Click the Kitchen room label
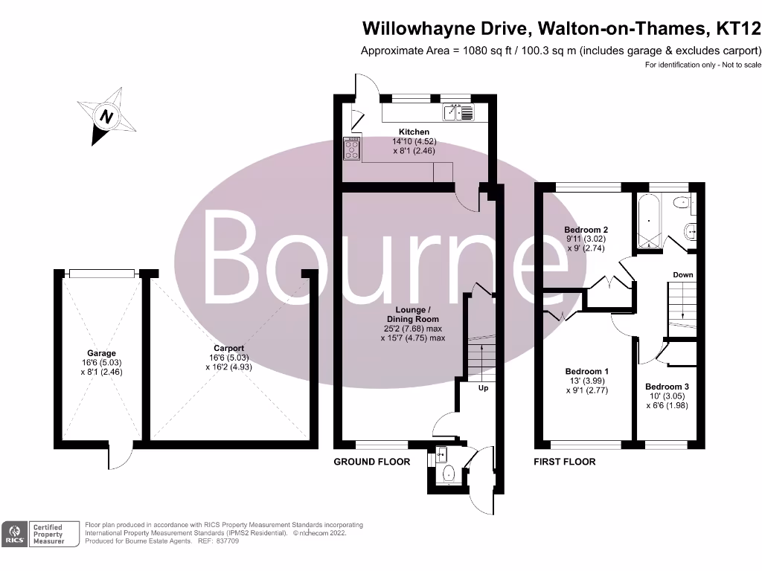[414, 132]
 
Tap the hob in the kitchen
[352, 149]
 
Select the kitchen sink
[458, 113]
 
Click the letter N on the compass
[106, 117]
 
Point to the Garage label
[101, 353]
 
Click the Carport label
[229, 348]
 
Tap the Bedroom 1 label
[587, 372]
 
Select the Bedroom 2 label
[586, 230]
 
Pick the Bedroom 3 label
[667, 387]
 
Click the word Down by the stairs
[683, 275]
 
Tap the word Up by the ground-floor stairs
[483, 388]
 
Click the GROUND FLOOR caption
[372, 462]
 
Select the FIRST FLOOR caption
[565, 462]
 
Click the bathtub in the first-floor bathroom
[649, 221]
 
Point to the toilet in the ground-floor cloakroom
[448, 473]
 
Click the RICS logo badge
[15, 534]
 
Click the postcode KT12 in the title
[739, 29]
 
